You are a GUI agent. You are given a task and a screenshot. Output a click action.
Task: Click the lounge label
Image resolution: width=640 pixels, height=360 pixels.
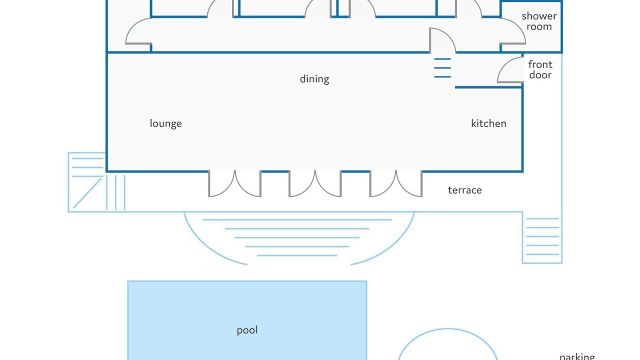[165, 123]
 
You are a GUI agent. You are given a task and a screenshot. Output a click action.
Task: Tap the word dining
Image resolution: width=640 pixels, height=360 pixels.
[314, 79]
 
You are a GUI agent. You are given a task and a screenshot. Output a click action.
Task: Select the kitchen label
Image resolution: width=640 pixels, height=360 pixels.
[488, 123]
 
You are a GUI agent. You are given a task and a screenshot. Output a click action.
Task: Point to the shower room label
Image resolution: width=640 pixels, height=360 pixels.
[539, 21]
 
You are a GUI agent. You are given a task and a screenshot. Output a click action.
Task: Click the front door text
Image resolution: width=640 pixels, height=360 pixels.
[540, 69]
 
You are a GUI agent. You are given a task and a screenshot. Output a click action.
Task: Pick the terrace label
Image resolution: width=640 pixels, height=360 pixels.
[465, 190]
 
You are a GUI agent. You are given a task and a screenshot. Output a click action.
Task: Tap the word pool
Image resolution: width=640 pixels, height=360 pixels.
[247, 330]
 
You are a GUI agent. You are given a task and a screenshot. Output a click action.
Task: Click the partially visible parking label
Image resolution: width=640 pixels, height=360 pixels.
[577, 357]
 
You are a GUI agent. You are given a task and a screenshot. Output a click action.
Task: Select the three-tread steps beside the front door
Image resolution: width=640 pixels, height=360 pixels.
[442, 68]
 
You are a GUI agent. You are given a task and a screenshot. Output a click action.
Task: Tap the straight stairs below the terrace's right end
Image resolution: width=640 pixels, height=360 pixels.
[542, 237]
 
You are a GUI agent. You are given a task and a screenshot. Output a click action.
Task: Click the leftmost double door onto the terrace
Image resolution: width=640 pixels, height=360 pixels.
[234, 183]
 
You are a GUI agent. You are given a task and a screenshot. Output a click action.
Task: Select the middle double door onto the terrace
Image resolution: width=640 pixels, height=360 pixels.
[315, 183]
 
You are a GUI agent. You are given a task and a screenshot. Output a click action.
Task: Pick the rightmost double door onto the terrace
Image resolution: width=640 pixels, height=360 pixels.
[396, 183]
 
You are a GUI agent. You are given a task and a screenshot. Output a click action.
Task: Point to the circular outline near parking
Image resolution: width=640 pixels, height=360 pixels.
[447, 329]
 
